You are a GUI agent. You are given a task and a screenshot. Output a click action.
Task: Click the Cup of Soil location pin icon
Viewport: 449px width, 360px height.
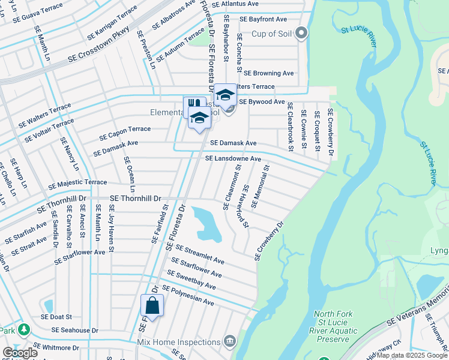click(302, 34)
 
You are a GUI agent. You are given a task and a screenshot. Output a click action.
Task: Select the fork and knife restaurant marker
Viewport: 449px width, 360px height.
click(193, 105)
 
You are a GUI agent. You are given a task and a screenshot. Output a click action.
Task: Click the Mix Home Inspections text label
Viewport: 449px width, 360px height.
click(179, 342)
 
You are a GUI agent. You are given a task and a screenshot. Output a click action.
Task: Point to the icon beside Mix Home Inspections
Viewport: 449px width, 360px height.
click(229, 342)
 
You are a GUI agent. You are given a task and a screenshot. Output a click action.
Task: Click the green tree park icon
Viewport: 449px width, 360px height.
click(23, 329)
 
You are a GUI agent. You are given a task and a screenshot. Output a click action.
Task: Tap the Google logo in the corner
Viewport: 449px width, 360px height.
click(20, 353)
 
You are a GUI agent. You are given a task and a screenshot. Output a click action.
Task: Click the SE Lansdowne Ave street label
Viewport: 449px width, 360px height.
click(233, 159)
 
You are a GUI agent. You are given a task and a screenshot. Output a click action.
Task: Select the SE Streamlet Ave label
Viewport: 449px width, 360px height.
click(199, 254)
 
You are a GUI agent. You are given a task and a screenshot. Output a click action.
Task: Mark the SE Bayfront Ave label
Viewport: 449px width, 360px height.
click(263, 19)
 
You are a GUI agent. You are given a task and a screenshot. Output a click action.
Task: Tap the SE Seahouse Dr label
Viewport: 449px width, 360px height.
click(75, 329)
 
